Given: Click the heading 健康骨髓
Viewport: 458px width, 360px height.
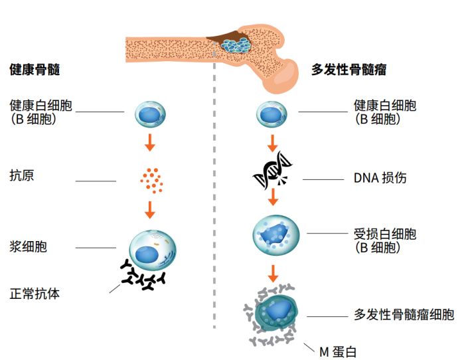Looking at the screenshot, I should (x=35, y=69).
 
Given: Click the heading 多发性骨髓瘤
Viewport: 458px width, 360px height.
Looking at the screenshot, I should (x=349, y=69).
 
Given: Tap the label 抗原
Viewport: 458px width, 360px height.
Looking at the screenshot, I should (x=22, y=176).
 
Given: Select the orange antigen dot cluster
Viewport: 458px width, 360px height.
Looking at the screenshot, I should (x=151, y=178).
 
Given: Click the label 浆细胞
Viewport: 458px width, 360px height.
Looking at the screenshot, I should (x=29, y=247).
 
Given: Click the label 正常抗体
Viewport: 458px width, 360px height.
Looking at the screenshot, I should (x=35, y=293).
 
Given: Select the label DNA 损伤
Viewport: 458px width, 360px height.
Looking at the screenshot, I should (x=380, y=178).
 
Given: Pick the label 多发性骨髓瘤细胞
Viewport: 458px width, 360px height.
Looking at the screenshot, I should (x=404, y=315).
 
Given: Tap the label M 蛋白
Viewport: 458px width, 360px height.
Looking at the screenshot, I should (x=342, y=351).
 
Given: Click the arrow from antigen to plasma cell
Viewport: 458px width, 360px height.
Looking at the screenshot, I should (x=151, y=209).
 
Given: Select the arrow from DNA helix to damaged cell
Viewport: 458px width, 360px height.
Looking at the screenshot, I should (x=272, y=198).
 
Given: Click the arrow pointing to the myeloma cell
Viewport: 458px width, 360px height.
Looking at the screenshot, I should (x=272, y=272).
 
